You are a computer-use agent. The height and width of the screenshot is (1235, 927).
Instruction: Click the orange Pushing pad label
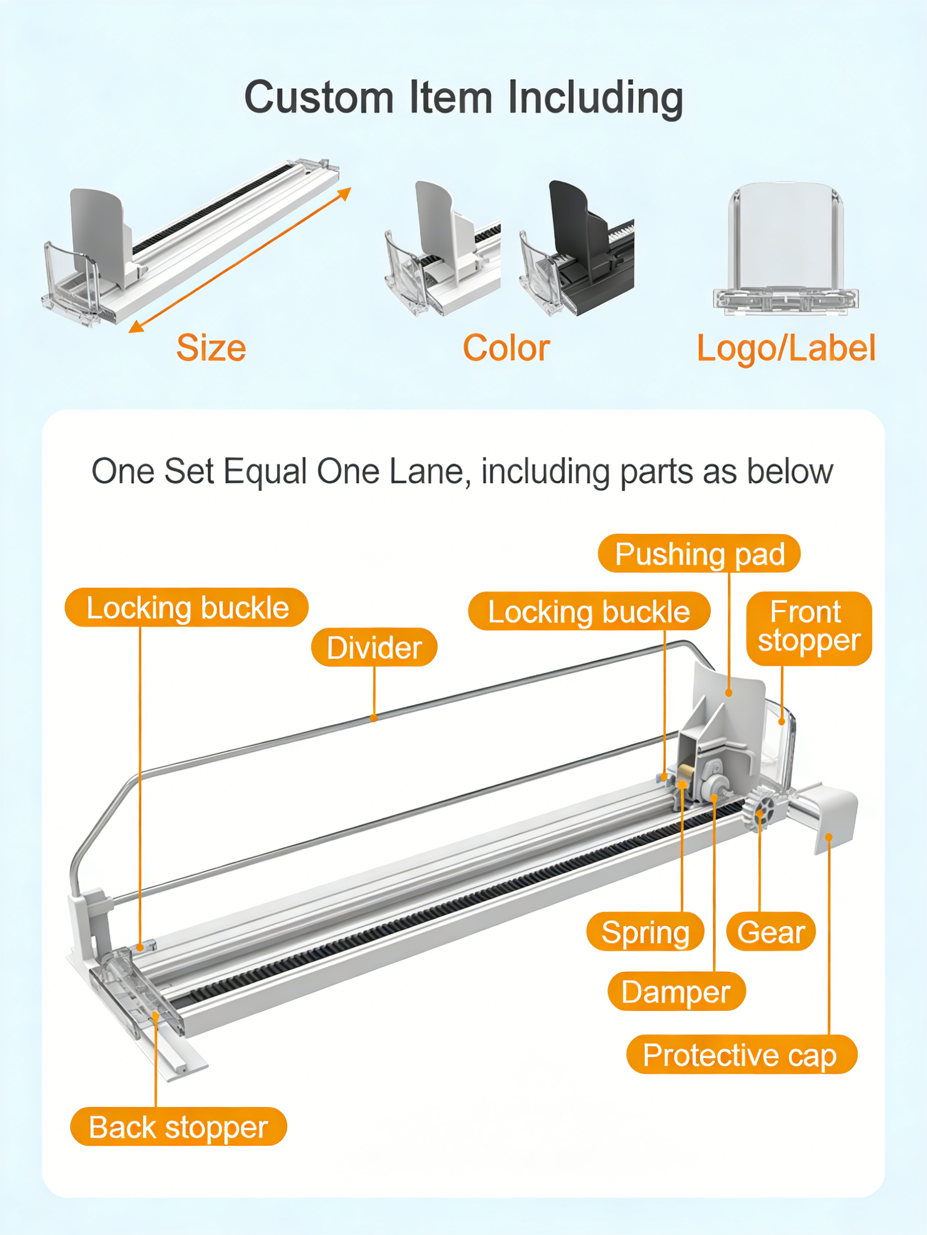point(699,553)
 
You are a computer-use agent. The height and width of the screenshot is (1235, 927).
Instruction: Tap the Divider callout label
point(374,647)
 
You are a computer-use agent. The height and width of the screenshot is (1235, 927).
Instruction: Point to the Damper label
point(676,992)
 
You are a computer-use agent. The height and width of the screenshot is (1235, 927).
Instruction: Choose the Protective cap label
point(741,1055)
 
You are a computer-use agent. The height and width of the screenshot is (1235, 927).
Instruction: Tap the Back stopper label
point(178,1127)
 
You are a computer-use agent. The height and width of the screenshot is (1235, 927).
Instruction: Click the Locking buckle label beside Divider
point(187,608)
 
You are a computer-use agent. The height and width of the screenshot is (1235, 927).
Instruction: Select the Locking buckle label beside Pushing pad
point(589,611)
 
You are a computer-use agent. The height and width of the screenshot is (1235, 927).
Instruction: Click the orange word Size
point(211,348)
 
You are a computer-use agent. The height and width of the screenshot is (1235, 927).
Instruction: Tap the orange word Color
point(506,348)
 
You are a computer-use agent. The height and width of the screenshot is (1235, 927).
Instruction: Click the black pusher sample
point(577,249)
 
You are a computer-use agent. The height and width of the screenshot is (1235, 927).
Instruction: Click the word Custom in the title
point(319,98)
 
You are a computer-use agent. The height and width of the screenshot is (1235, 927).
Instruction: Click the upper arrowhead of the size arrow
point(345,193)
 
